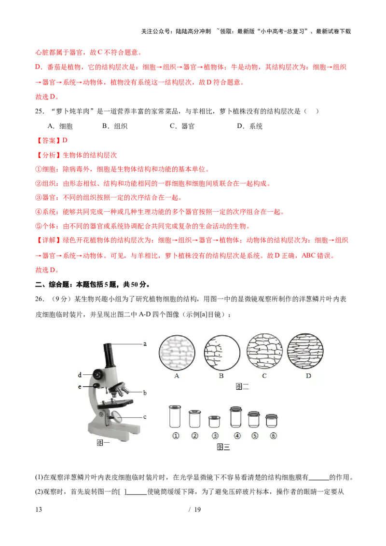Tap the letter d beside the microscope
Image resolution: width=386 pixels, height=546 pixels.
tap(80, 374)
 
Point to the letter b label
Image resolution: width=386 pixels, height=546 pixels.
tap(144, 393)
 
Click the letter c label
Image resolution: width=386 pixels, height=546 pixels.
tap(144, 417)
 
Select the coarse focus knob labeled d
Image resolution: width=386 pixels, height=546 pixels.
tap(98, 374)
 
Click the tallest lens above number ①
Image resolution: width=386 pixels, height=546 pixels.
tap(176, 417)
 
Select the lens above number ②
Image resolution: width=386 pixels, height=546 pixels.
tap(194, 418)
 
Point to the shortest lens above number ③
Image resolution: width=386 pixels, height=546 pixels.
tap(214, 421)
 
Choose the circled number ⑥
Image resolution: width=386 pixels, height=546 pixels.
tap(273, 436)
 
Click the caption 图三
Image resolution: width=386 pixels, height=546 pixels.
tap(223, 448)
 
